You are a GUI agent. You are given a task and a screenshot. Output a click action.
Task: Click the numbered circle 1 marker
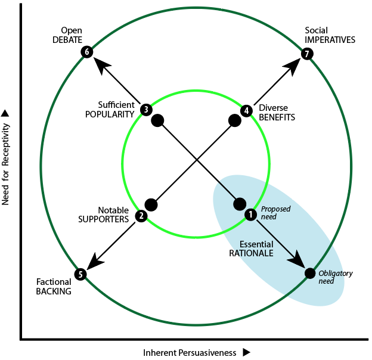pos(250,213)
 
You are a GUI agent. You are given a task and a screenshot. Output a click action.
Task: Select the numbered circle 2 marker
pos(141,216)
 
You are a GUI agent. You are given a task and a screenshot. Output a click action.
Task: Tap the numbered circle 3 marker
pos(146,110)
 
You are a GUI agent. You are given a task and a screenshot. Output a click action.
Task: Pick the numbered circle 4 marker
pos(246,110)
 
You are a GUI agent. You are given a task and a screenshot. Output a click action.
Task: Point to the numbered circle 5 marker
pos(80,274)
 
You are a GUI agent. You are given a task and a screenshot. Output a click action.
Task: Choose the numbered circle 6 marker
pos(87,52)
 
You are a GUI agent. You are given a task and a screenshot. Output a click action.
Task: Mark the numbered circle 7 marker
pos(306,54)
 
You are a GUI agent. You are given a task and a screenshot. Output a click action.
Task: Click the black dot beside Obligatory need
pos(310,273)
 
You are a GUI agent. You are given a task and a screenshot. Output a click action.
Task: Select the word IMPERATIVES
pos(330,40)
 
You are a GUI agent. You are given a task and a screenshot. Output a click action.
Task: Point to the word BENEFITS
pos(277,118)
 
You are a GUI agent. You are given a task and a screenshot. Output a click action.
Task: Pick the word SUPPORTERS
pos(104,219)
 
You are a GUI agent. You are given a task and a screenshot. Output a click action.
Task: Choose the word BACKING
pos(54,291)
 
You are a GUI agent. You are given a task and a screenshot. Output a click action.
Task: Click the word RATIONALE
pos(251,253)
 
